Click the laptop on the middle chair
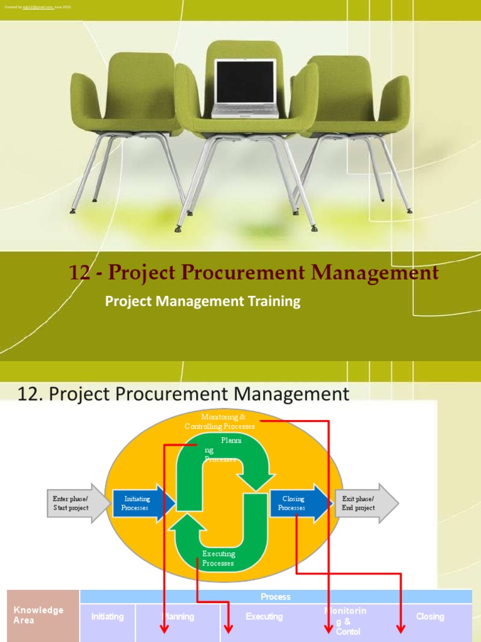(x=245, y=88)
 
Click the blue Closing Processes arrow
(x=298, y=503)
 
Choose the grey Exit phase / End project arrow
(x=364, y=503)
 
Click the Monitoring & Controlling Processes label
(x=219, y=421)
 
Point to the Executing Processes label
(x=219, y=558)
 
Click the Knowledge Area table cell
(x=39, y=615)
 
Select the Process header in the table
(x=276, y=597)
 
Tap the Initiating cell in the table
(x=108, y=617)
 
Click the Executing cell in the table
(x=264, y=617)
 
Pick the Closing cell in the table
(x=430, y=617)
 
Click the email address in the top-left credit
(x=38, y=7)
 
